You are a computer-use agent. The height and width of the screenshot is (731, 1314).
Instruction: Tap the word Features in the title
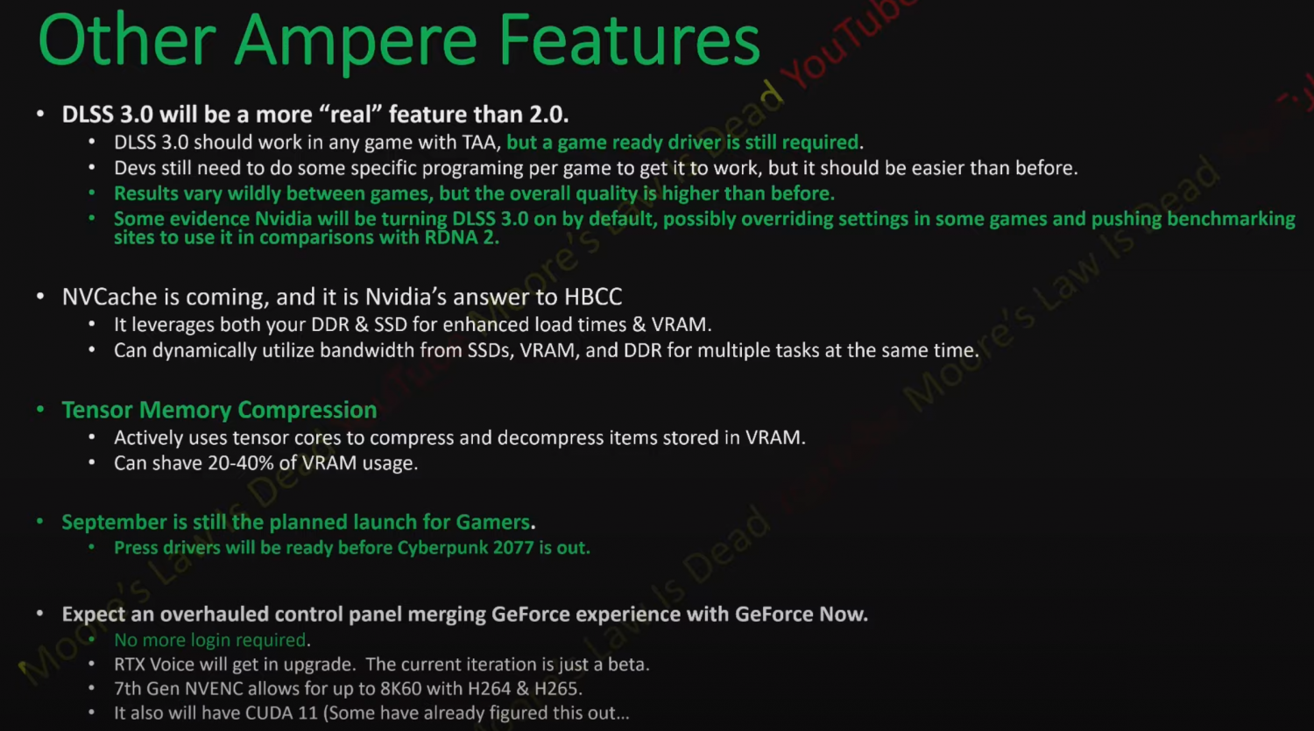629,42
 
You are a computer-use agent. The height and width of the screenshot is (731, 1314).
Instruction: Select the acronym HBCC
593,297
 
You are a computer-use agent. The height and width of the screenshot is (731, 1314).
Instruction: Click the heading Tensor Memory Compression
219,410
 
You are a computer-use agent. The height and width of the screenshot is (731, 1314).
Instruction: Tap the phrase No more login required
210,640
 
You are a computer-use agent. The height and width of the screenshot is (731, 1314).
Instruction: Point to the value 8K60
400,689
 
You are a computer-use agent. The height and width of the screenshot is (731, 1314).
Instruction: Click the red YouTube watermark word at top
845,44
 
